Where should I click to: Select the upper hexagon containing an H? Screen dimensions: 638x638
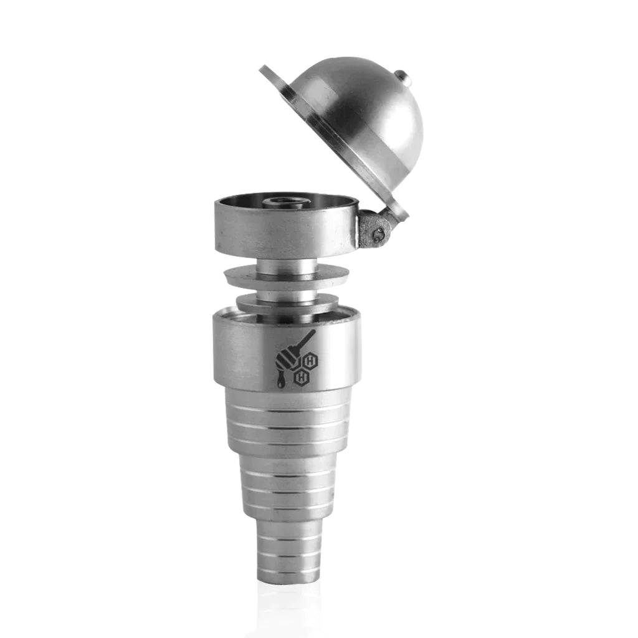tap(310, 359)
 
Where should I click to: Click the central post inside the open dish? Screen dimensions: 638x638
tap(279, 202)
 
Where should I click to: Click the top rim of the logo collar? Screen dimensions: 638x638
tap(286, 317)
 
